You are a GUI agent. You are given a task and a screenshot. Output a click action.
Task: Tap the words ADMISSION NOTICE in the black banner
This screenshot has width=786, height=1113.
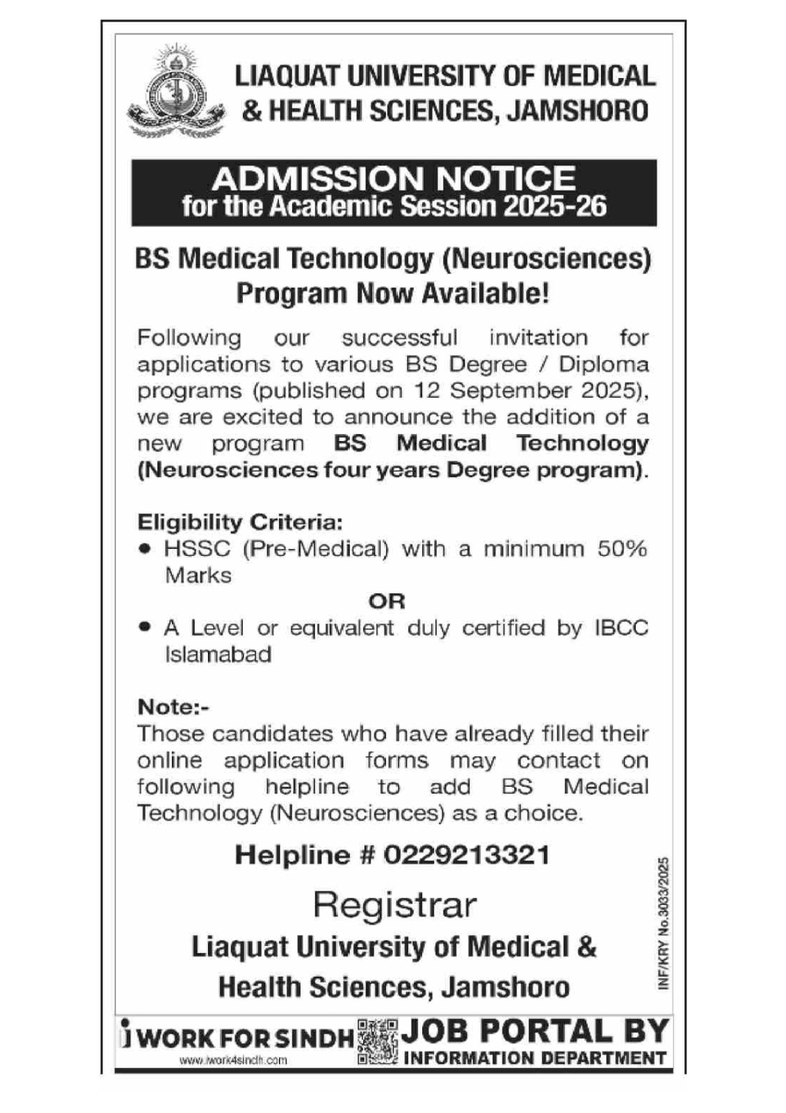[x=394, y=179]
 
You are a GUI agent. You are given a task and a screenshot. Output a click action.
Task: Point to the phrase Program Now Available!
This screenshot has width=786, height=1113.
[x=393, y=293]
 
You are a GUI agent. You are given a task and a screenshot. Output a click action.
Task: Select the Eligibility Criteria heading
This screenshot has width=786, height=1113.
[x=240, y=522]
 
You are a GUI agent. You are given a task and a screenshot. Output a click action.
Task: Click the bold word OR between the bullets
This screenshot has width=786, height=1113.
[x=387, y=601]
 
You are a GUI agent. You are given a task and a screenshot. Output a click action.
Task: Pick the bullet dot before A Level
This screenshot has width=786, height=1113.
[x=145, y=627]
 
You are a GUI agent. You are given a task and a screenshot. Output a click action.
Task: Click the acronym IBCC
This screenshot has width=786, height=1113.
[x=620, y=627]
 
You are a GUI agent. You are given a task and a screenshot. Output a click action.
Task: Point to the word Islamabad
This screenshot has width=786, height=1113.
[x=218, y=655]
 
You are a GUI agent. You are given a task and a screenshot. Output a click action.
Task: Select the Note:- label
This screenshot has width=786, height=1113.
[x=173, y=707]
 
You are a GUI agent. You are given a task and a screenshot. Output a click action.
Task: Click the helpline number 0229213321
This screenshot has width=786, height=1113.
[x=467, y=854]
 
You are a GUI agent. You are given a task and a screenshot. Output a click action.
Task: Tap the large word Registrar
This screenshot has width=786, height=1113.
[x=394, y=904]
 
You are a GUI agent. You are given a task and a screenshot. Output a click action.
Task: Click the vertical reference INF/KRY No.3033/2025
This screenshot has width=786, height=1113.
[x=663, y=922]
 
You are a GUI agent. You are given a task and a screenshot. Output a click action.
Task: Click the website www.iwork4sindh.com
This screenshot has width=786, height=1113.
[x=233, y=1061]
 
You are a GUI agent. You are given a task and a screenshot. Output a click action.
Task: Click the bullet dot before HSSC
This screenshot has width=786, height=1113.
[x=145, y=548]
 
